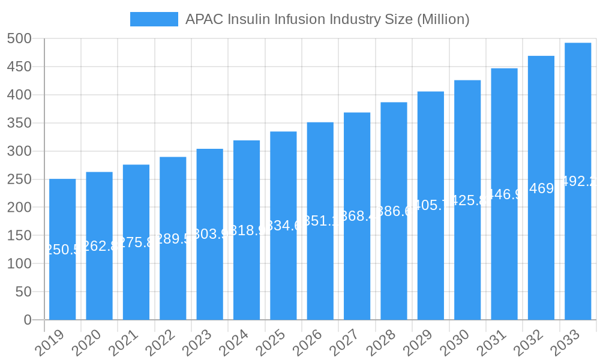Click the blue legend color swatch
pos(154,19)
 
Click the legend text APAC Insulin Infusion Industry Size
pos(327,19)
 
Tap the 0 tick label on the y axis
pos(28,320)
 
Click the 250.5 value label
pos(62,250)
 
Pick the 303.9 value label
pos(210,234)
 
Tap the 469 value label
pos(541,188)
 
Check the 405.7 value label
pos(431,205)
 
